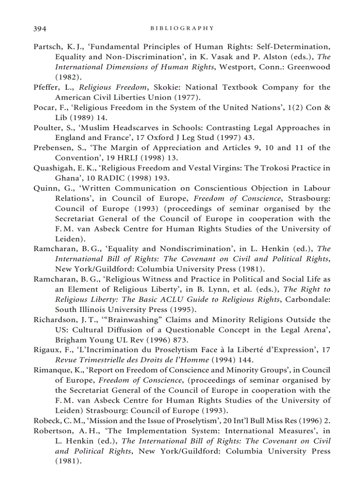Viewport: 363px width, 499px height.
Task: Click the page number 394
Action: (x=40, y=28)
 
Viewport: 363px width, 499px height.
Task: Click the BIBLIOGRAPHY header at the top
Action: (x=182, y=28)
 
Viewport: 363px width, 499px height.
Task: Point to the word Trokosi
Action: (x=278, y=168)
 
